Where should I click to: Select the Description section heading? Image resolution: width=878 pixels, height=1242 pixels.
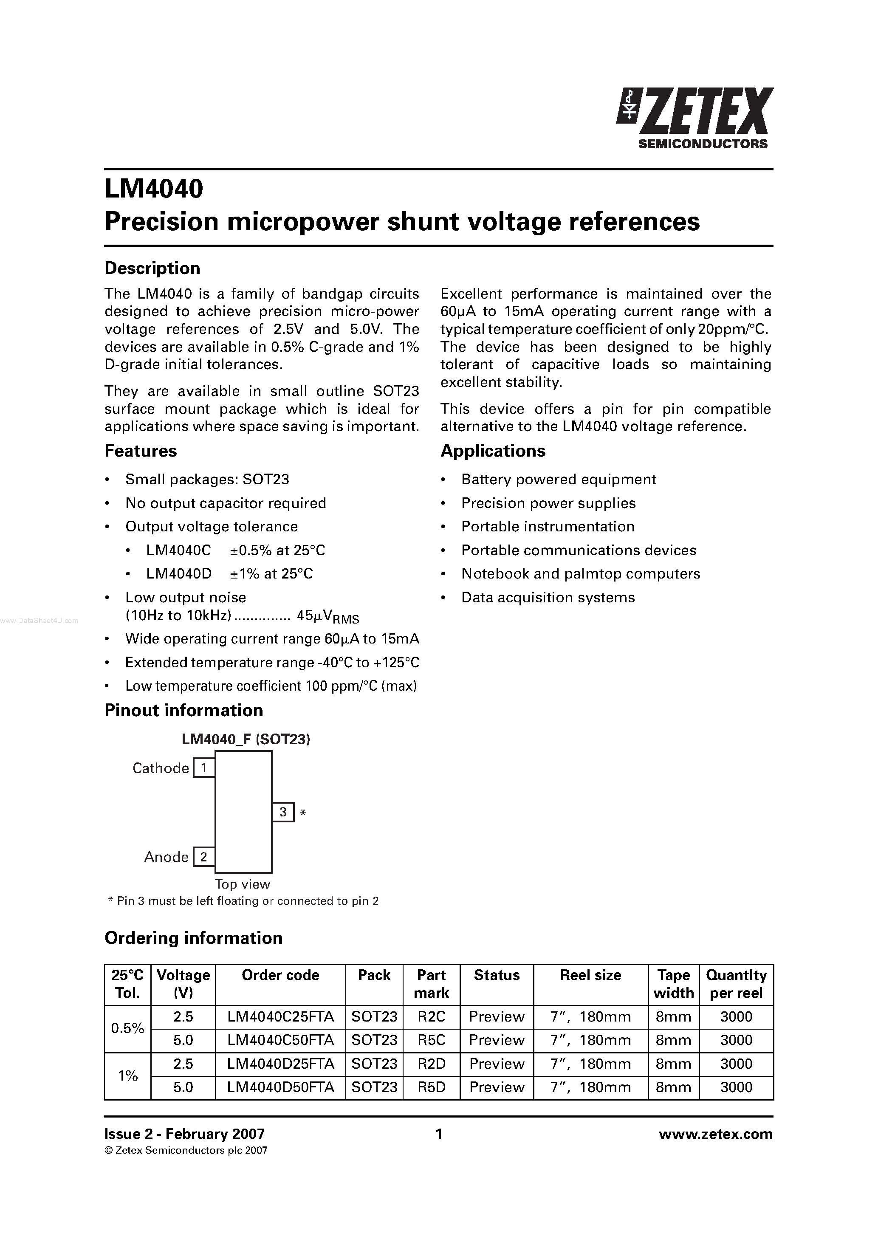tap(152, 268)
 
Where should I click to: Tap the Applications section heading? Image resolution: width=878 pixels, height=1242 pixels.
tap(492, 451)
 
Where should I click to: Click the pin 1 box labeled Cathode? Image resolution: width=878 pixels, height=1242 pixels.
tap(204, 768)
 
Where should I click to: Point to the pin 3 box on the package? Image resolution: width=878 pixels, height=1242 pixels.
tap(283, 812)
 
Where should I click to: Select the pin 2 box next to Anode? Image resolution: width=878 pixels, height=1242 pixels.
tap(204, 856)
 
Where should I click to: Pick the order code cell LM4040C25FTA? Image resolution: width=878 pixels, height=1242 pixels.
tap(280, 1016)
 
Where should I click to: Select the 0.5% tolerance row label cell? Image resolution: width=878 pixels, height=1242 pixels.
tap(128, 1028)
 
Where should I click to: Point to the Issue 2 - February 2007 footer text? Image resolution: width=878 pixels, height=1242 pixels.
tap(184, 1134)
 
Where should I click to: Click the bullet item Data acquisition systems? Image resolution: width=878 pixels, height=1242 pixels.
tap(548, 597)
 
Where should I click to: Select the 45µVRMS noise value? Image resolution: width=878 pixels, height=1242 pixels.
tap(328, 617)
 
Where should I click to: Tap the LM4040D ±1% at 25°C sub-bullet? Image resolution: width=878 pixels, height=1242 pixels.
tap(229, 573)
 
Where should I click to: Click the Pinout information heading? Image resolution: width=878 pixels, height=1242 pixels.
tap(184, 710)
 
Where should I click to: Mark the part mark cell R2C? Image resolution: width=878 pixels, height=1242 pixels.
tap(431, 1016)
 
